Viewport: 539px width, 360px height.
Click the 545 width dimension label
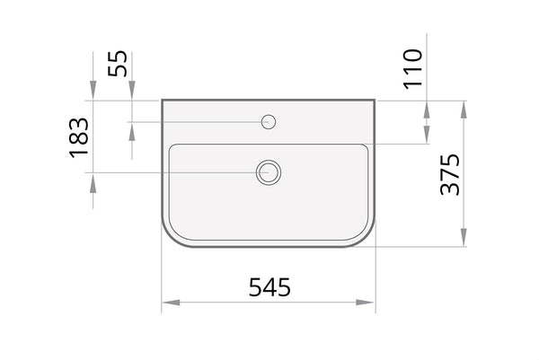point(269,286)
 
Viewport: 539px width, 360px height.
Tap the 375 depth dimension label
point(450,174)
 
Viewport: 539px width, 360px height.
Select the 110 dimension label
point(412,69)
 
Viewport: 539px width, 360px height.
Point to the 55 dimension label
point(117,64)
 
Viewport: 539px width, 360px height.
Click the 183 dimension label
point(79,137)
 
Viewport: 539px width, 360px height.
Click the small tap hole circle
point(269,121)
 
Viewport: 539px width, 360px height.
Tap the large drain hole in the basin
point(269,172)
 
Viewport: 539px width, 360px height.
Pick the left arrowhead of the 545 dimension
point(171,303)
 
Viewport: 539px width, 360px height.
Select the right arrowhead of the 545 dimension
point(365,303)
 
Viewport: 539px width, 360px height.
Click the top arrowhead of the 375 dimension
point(464,110)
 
